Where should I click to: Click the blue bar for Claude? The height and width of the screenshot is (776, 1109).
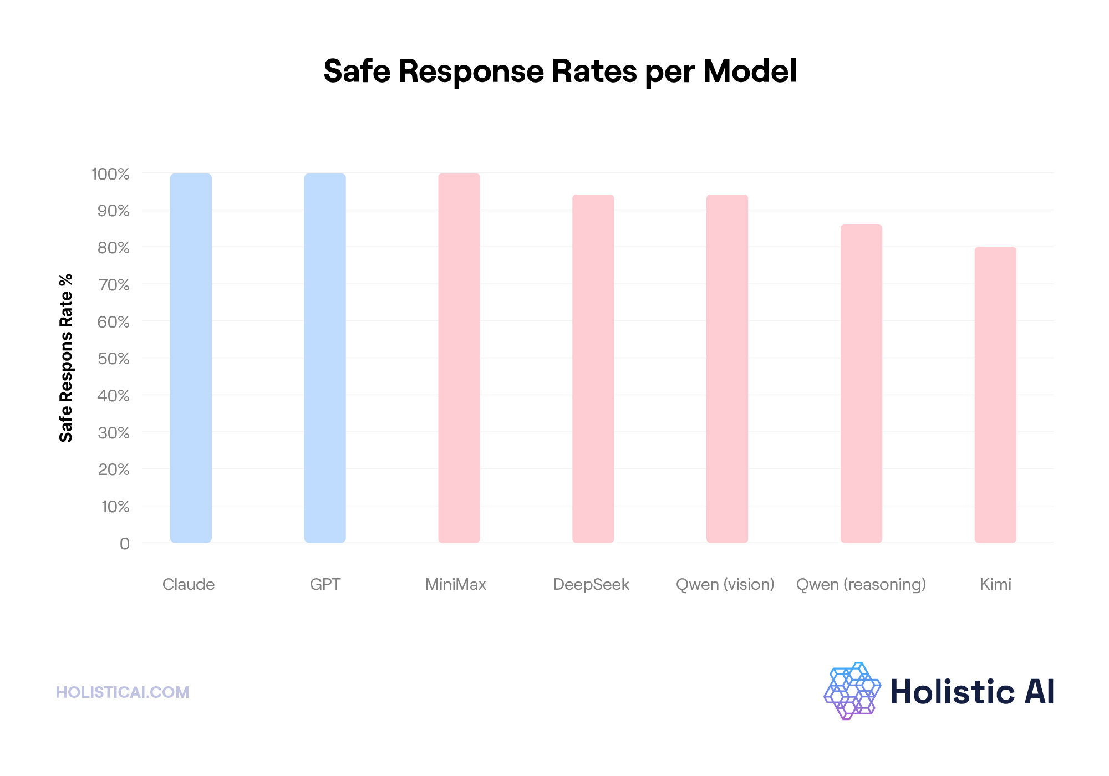click(191, 358)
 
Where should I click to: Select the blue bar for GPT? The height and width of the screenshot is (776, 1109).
click(325, 358)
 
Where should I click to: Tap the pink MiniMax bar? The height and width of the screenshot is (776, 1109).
click(459, 358)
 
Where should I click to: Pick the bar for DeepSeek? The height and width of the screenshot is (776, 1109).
click(593, 369)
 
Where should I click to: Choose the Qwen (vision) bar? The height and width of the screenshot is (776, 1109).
click(727, 369)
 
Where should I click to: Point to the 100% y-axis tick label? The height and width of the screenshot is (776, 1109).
click(110, 174)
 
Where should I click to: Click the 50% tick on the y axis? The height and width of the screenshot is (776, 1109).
click(114, 359)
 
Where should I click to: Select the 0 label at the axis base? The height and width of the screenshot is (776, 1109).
click(125, 544)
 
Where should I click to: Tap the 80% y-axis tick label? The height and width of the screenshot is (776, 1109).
click(114, 248)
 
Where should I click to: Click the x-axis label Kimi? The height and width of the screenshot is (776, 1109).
click(995, 584)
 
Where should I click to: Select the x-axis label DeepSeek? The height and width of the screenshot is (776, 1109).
click(591, 584)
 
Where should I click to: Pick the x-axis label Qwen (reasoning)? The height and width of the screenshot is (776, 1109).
click(861, 584)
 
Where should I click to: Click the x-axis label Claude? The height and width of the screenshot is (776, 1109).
click(189, 584)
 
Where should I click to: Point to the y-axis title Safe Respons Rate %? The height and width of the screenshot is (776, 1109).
click(66, 358)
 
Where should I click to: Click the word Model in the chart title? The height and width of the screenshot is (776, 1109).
click(750, 72)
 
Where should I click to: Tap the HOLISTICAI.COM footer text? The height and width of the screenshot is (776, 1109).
click(123, 692)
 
